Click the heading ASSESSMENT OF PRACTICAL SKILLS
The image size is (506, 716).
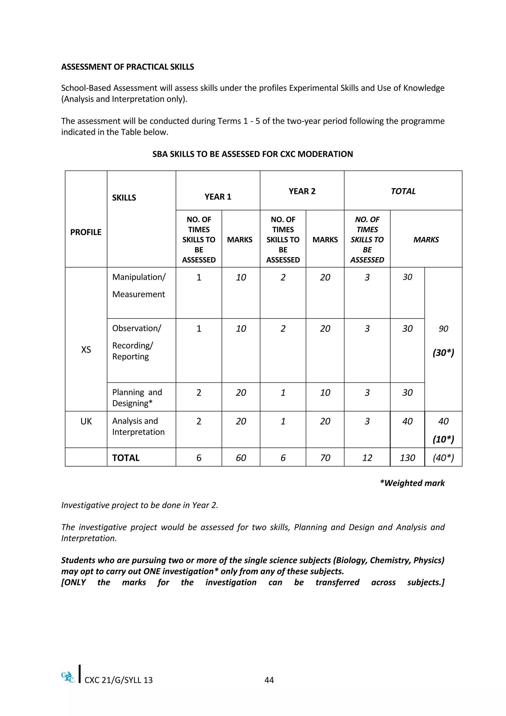click(x=127, y=67)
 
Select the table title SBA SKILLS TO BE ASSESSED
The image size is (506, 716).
click(x=252, y=154)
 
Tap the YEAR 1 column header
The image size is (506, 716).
click(x=218, y=197)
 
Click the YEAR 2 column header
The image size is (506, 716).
click(x=302, y=191)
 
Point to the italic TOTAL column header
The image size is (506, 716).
click(x=403, y=191)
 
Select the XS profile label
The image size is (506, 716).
click(x=86, y=350)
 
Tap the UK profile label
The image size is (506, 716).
click(x=86, y=421)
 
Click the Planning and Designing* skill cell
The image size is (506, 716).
click(x=137, y=398)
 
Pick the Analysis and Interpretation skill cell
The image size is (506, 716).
click(x=138, y=426)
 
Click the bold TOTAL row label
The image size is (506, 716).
click(x=126, y=458)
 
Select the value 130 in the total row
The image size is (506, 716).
click(x=407, y=458)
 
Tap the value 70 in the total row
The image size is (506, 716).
click(x=325, y=458)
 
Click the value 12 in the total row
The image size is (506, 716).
click(x=367, y=458)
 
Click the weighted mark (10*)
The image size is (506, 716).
click(x=443, y=439)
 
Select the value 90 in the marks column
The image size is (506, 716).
click(x=443, y=329)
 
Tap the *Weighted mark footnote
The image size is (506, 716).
click(x=412, y=483)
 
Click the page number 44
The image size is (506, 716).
click(x=269, y=680)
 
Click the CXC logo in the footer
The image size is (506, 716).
click(x=68, y=677)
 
